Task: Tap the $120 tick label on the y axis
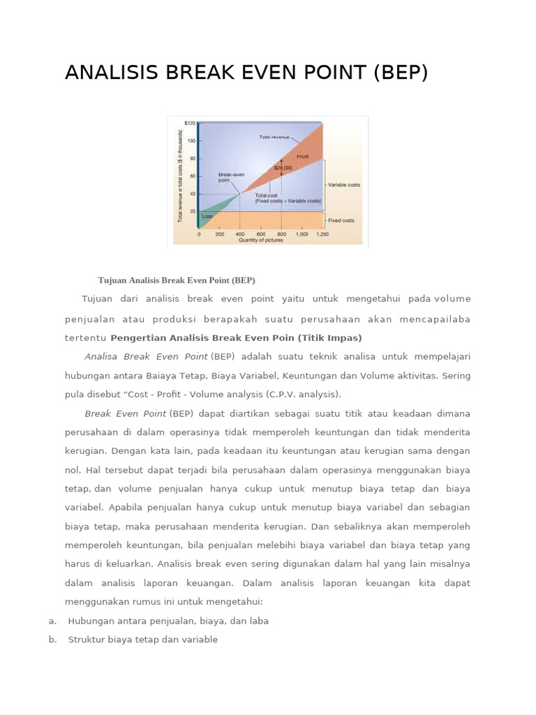(190, 124)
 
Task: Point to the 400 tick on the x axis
(240, 235)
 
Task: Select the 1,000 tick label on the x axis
(301, 235)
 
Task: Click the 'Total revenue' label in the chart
(274, 137)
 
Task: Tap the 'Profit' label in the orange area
(302, 156)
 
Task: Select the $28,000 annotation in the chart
(282, 168)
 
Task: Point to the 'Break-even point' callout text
(230, 177)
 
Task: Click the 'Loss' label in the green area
(207, 216)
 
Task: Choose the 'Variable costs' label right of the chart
(345, 185)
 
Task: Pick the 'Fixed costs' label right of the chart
(341, 221)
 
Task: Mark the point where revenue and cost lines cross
(240, 193)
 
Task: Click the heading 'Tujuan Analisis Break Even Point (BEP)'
(176, 280)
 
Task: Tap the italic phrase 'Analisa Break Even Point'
(146, 356)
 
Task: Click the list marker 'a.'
(52, 621)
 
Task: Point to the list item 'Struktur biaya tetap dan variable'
(143, 640)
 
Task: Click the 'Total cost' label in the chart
(266, 196)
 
